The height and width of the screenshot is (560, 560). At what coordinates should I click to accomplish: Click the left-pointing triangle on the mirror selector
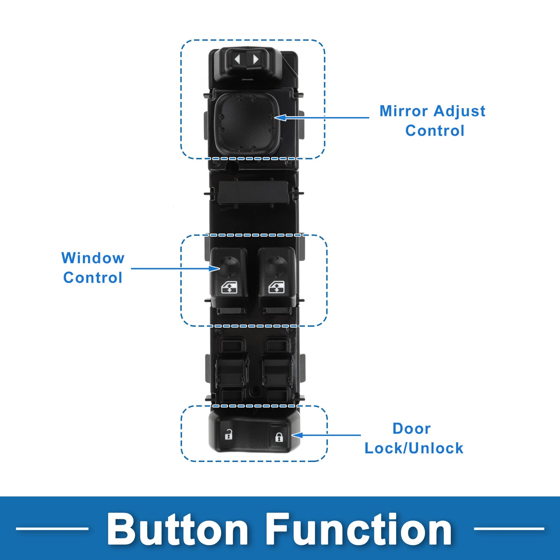pyautogui.click(x=238, y=60)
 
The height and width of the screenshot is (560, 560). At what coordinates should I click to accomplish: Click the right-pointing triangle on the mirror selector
pyautogui.click(x=255, y=60)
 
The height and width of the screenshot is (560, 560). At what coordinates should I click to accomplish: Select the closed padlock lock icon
pyautogui.click(x=279, y=437)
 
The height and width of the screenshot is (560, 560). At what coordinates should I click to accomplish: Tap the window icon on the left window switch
pyautogui.click(x=229, y=288)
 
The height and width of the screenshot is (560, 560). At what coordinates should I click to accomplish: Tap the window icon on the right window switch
pyautogui.click(x=277, y=288)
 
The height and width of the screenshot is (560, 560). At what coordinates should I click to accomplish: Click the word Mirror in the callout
pyautogui.click(x=403, y=111)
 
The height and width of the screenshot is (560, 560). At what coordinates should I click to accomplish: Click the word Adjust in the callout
pyautogui.click(x=460, y=112)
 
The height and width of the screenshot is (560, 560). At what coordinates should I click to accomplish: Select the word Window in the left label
pyautogui.click(x=93, y=258)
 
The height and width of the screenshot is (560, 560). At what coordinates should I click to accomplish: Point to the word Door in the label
pyautogui.click(x=412, y=429)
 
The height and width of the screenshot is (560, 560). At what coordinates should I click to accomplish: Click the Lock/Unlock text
pyautogui.click(x=414, y=448)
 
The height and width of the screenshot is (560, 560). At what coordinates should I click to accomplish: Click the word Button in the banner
pyautogui.click(x=177, y=529)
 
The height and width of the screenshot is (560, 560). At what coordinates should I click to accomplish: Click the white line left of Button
pyautogui.click(x=52, y=528)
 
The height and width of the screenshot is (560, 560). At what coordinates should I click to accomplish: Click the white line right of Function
pyautogui.click(x=509, y=528)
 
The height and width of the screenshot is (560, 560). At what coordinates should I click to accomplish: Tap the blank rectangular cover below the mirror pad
pyautogui.click(x=253, y=191)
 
